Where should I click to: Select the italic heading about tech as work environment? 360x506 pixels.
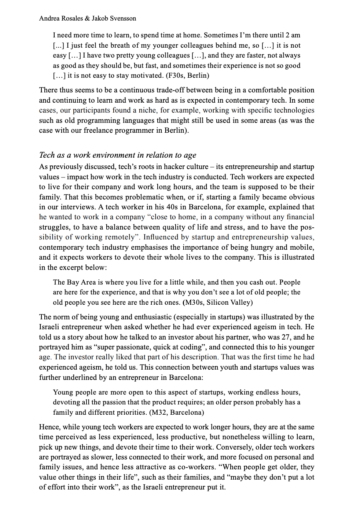[x=117, y=155]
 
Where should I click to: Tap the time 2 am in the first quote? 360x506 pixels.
[x=293, y=35]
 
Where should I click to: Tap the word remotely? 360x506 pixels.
[x=120, y=237]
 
